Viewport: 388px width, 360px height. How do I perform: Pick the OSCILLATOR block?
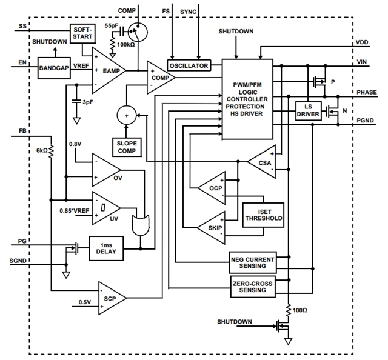click(x=188, y=65)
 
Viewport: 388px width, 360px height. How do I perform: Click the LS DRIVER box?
click(x=307, y=110)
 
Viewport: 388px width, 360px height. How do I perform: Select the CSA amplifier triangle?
click(x=262, y=161)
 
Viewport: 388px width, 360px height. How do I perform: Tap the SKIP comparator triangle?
click(x=213, y=227)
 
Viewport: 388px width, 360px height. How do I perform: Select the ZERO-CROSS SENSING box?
click(x=253, y=287)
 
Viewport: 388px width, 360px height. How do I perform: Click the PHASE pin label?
click(x=366, y=92)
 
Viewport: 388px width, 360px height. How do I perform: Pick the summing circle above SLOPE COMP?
click(x=127, y=115)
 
